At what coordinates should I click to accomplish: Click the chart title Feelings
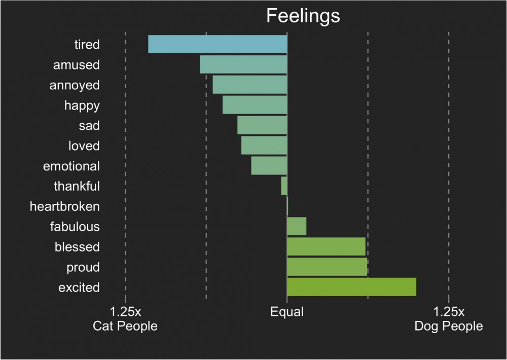(303, 16)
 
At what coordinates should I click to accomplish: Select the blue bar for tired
(218, 44)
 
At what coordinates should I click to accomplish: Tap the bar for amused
(243, 64)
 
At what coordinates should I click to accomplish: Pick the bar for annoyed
(249, 85)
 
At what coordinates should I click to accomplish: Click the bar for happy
(255, 105)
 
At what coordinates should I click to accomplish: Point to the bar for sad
(262, 125)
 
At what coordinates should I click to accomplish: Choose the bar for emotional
(269, 166)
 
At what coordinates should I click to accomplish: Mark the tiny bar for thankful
(284, 186)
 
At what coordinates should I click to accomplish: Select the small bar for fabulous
(297, 226)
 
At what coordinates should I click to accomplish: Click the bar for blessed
(326, 246)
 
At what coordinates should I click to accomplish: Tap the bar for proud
(327, 267)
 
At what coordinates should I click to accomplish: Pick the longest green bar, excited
(351, 287)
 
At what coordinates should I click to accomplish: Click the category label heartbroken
(65, 206)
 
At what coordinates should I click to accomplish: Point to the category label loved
(84, 146)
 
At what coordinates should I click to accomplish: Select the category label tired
(87, 45)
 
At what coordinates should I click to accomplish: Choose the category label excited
(79, 287)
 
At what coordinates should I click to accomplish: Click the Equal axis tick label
(287, 311)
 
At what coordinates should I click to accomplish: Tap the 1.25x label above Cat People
(125, 311)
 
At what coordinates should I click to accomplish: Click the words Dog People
(449, 326)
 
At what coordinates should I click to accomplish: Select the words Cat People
(125, 326)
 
